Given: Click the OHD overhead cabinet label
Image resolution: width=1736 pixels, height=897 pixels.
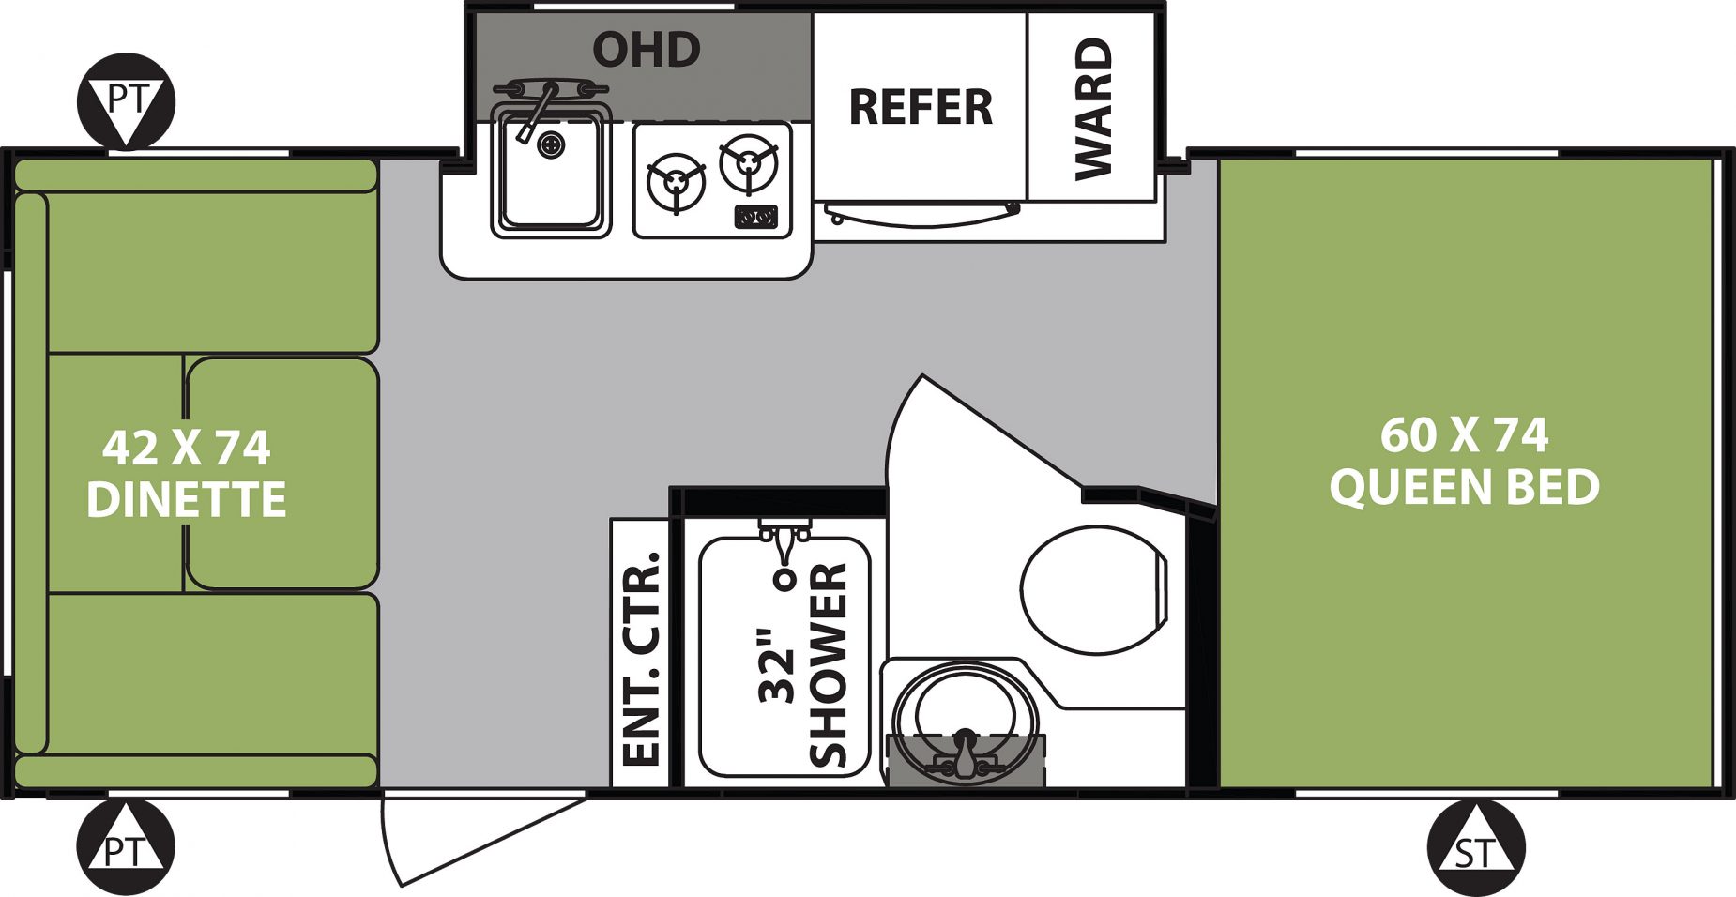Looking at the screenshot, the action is pyautogui.click(x=647, y=50).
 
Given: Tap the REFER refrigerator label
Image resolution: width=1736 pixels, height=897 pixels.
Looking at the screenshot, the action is pyautogui.click(x=921, y=107).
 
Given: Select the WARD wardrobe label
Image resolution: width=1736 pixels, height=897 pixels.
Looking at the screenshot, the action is pyautogui.click(x=1093, y=109).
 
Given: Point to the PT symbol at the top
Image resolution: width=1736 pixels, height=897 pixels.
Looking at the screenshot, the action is pyautogui.click(x=126, y=100).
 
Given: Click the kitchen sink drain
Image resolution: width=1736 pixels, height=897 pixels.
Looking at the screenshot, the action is pyautogui.click(x=552, y=145).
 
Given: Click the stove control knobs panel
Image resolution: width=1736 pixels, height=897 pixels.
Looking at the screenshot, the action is pyautogui.click(x=756, y=218).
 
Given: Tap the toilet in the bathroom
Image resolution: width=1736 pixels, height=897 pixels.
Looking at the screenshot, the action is pyautogui.click(x=1094, y=589).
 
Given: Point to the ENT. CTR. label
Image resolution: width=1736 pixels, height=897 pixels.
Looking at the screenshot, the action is pyautogui.click(x=642, y=660).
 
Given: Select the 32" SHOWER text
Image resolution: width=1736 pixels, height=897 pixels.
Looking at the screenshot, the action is pyautogui.click(x=804, y=664).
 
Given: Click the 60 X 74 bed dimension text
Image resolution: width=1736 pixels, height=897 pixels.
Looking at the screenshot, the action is pyautogui.click(x=1464, y=434).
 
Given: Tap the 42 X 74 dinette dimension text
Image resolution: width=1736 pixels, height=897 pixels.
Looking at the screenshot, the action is pyautogui.click(x=187, y=448).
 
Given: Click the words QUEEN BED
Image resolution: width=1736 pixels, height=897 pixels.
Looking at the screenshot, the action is pyautogui.click(x=1464, y=487).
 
